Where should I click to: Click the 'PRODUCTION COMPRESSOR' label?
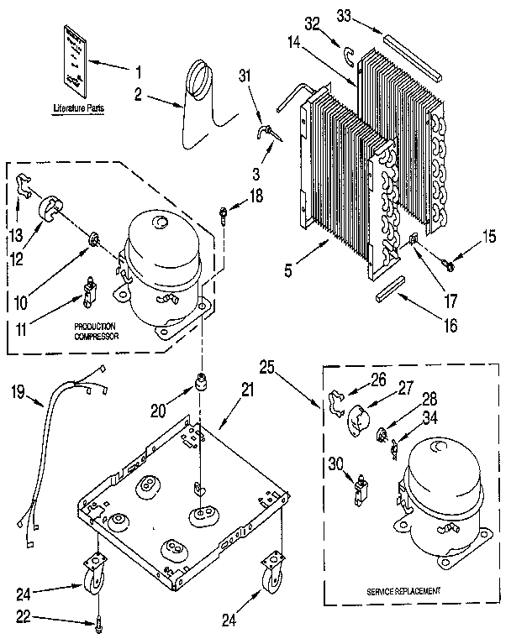[x=94, y=329]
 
